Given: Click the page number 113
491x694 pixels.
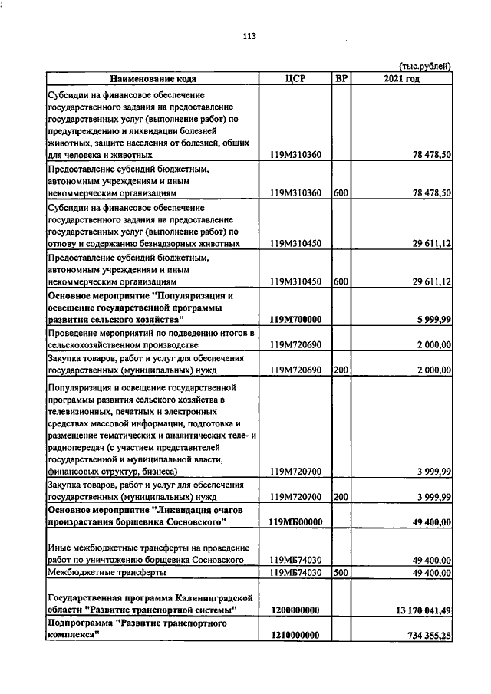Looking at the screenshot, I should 248,36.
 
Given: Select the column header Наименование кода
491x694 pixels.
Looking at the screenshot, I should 152,78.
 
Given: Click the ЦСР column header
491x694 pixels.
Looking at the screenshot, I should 295,78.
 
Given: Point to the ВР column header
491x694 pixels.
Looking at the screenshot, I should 341,78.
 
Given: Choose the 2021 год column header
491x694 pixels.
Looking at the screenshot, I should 401,78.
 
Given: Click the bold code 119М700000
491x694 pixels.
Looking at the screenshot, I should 295,319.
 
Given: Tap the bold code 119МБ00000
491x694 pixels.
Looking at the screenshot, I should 295,522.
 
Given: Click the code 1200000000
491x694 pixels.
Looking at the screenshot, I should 295,610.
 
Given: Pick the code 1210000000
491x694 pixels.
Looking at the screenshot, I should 295,636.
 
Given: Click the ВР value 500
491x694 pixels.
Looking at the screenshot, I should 341,572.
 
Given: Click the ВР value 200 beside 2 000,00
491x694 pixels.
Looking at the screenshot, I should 341,370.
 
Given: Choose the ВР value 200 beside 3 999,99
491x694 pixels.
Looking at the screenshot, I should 341,497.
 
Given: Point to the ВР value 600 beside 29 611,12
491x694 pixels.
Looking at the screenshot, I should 341,281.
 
